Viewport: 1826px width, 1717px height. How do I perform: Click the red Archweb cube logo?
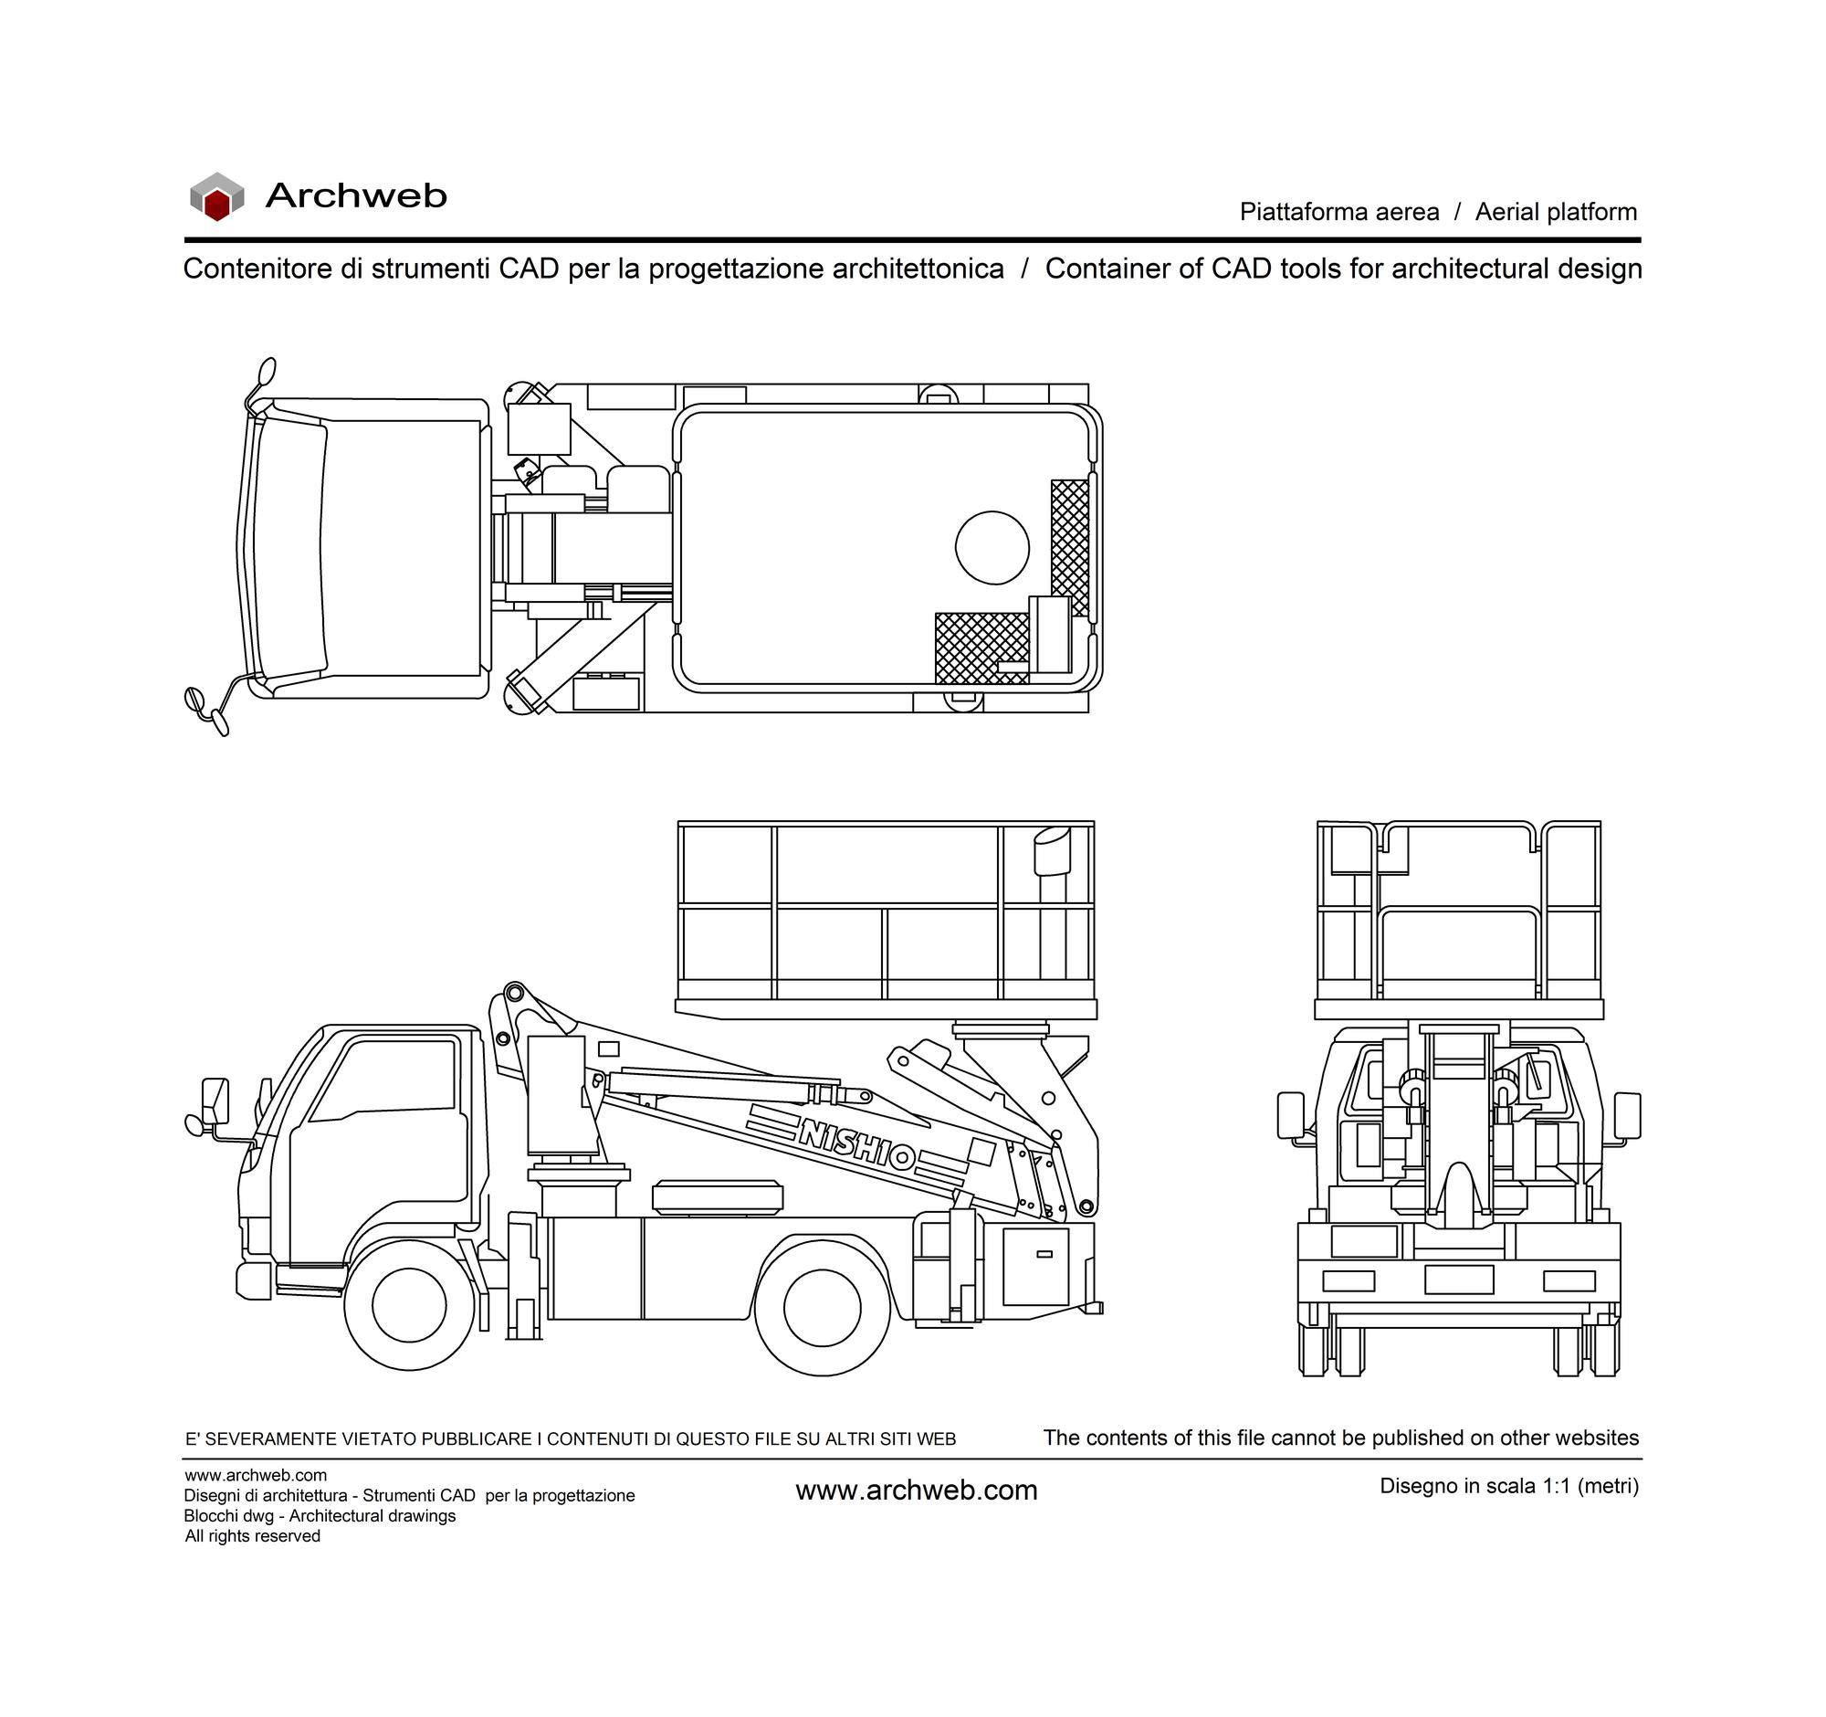(x=216, y=195)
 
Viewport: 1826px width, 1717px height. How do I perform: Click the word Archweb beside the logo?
(x=355, y=195)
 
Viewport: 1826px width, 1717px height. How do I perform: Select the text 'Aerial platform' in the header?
(x=1556, y=212)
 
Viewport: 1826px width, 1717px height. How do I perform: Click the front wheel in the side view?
(x=410, y=1305)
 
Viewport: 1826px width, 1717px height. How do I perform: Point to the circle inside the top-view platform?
(x=992, y=548)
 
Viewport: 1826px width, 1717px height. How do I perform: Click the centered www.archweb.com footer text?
(x=917, y=1491)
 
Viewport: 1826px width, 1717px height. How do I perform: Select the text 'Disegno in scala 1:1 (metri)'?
(x=1509, y=1486)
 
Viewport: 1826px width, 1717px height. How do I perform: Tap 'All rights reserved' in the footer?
(x=253, y=1536)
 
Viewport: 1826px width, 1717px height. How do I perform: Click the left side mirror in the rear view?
(x=1290, y=1115)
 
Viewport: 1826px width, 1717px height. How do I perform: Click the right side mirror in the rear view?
(x=1628, y=1115)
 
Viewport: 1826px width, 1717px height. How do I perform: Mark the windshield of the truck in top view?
(x=289, y=548)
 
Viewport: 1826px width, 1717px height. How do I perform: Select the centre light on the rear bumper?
(x=1459, y=1280)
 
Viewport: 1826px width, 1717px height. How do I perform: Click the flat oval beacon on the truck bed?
(x=718, y=1198)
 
